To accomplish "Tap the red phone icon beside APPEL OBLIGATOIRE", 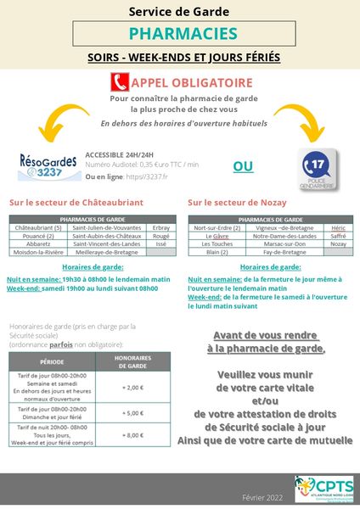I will click(x=120, y=83).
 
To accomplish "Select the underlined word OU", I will click(x=243, y=166).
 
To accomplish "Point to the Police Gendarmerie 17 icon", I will click(x=319, y=165).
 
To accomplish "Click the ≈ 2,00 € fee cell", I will click(x=133, y=386).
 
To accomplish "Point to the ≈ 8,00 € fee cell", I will click(x=133, y=434).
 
